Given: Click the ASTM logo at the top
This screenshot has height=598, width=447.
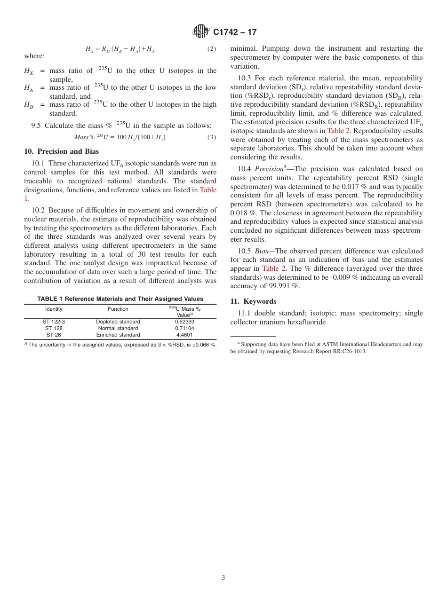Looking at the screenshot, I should coord(201,31).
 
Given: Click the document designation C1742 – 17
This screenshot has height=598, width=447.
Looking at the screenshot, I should coord(235,32).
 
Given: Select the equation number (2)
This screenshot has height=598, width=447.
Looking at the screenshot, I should coord(212,49).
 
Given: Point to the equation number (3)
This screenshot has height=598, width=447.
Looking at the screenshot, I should coord(212,137).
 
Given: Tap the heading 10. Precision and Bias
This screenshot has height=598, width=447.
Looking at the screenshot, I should coord(61,151).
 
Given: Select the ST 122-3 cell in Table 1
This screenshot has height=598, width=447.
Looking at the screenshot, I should coord(54,322).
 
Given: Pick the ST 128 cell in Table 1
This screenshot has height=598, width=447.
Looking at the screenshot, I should coord(54,329).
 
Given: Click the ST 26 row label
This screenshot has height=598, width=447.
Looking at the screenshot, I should coord(54,335).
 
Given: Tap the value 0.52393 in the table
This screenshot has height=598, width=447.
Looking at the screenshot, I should coord(184,322).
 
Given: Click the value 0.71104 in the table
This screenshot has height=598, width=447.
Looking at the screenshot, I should coord(184,329).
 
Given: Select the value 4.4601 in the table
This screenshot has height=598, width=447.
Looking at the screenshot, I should coord(184,335).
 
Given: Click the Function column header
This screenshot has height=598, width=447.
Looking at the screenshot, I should coord(118,309).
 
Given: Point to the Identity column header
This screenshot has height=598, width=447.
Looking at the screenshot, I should coord(54,309).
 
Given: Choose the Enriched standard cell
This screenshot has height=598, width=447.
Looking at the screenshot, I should coord(118,335).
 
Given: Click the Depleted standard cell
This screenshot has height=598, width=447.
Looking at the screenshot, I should coord(118,322).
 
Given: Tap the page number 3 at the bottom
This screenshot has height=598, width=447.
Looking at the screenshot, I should coord(223,578).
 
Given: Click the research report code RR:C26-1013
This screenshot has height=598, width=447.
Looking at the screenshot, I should coord(345,351).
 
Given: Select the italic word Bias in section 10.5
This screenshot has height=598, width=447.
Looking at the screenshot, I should coord(261,251).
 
